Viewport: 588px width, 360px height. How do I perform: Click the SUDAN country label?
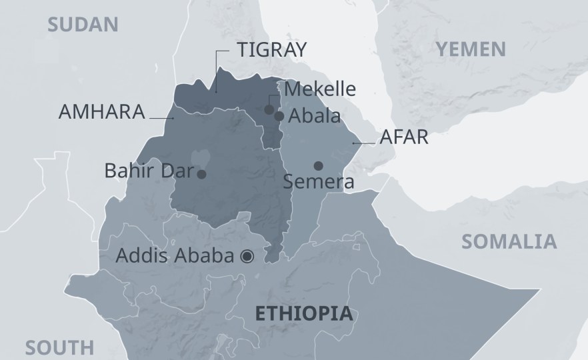click(x=83, y=25)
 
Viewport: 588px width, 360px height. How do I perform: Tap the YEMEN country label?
click(x=470, y=49)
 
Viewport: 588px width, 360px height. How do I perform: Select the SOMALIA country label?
click(x=509, y=241)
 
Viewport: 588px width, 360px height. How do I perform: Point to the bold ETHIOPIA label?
click(x=304, y=313)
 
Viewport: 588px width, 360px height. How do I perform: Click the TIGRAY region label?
click(x=272, y=50)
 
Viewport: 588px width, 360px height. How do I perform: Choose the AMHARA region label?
click(x=102, y=111)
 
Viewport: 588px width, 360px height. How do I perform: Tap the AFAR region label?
click(x=403, y=138)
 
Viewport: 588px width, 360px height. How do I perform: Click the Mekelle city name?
click(x=320, y=89)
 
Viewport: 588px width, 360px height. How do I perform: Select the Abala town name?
click(x=315, y=115)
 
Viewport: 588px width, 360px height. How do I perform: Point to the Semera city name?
click(x=318, y=181)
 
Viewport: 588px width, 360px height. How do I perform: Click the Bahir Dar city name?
click(x=147, y=171)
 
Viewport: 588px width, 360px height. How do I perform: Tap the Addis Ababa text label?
click(x=175, y=255)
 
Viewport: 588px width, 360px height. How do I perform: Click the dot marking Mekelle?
click(x=269, y=109)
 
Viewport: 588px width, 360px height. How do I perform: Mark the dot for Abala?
click(x=279, y=116)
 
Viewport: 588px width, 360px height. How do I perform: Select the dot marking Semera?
click(x=319, y=166)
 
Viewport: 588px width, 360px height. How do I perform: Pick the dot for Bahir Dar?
click(x=201, y=174)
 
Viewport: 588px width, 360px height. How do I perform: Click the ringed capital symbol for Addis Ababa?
click(x=248, y=255)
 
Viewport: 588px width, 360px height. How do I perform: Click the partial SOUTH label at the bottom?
click(x=60, y=347)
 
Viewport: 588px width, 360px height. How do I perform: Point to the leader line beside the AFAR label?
click(x=363, y=143)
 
